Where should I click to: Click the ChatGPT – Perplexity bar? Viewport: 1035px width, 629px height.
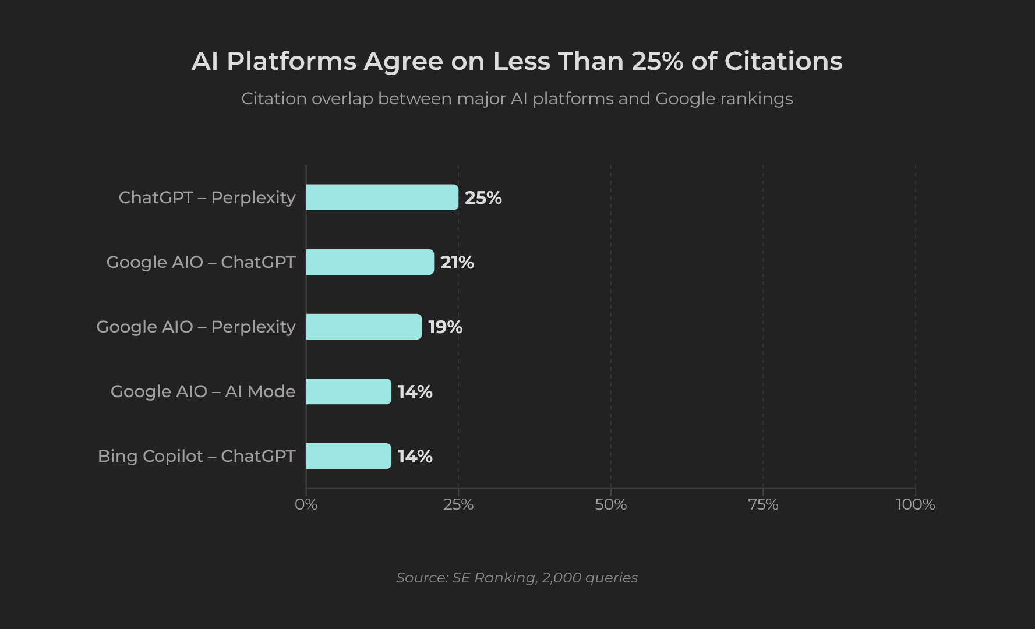(x=382, y=197)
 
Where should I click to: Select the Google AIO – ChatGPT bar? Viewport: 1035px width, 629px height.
(x=370, y=262)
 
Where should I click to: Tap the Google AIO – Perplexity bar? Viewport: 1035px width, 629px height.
(x=363, y=327)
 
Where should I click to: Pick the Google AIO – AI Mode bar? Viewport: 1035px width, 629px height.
(x=348, y=391)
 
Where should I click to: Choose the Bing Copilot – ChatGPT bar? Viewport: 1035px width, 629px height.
(x=348, y=456)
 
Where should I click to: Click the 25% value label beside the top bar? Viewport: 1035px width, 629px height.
(x=483, y=198)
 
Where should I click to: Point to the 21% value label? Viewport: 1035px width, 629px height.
(x=457, y=263)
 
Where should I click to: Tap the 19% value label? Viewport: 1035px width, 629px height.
(x=445, y=327)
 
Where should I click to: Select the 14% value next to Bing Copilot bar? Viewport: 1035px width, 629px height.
(x=415, y=457)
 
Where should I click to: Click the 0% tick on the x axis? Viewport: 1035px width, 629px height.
(x=306, y=504)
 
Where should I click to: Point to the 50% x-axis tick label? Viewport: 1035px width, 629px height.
(x=610, y=504)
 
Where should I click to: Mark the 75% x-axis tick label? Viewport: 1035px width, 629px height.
(x=763, y=504)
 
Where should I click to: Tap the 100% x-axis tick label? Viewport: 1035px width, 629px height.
(x=915, y=504)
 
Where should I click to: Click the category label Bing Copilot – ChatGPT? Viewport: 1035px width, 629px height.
(x=196, y=456)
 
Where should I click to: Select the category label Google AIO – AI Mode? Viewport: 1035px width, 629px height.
(x=203, y=391)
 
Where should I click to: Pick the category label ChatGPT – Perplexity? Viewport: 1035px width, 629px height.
(x=207, y=197)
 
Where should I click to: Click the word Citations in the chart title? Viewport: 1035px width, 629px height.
(x=783, y=61)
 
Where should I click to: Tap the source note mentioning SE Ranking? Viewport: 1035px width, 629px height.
(x=517, y=578)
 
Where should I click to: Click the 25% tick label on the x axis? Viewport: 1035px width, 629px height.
(x=458, y=504)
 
